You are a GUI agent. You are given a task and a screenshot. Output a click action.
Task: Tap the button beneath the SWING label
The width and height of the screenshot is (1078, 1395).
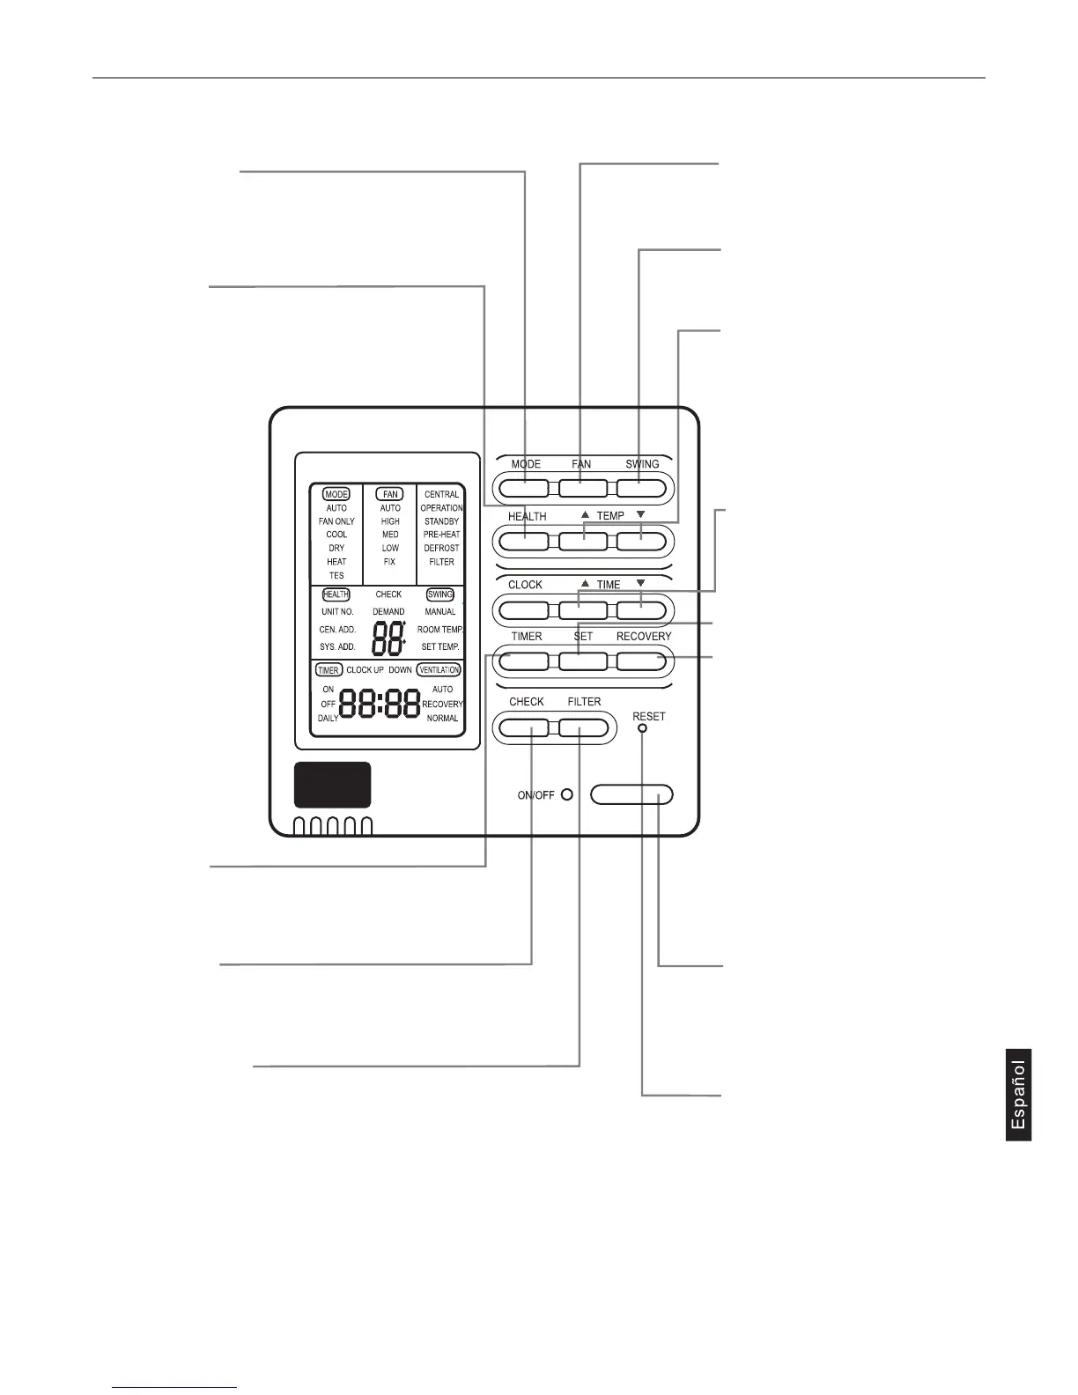tap(641, 487)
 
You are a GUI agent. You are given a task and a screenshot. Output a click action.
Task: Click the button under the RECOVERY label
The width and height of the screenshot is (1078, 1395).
tap(641, 661)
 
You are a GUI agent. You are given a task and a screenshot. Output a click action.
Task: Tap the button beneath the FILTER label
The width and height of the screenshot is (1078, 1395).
tap(583, 728)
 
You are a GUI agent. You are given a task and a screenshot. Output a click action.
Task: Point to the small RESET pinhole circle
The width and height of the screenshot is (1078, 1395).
tap(642, 729)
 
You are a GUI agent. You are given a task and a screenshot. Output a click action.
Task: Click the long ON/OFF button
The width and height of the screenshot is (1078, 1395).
tap(631, 795)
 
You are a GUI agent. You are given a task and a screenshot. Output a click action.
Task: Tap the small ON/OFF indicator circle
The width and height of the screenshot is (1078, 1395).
tap(567, 794)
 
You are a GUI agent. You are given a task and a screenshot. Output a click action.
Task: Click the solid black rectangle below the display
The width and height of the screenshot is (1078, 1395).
tap(332, 785)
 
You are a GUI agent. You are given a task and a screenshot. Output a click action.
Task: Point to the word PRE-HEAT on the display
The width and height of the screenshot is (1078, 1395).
tap(441, 535)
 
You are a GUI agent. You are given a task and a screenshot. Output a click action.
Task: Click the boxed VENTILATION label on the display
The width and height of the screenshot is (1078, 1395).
tap(439, 670)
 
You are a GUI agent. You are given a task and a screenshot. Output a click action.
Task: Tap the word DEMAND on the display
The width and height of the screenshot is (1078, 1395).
tap(388, 611)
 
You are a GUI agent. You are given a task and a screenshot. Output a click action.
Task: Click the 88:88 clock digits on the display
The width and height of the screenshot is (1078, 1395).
tap(380, 704)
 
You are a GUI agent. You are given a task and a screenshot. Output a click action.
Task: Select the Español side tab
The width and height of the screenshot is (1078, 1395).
tap(1018, 1095)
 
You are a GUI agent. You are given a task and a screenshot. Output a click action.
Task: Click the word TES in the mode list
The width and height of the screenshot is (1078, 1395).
tap(336, 575)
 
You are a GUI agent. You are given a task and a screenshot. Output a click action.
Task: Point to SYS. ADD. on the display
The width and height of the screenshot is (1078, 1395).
tap(337, 646)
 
